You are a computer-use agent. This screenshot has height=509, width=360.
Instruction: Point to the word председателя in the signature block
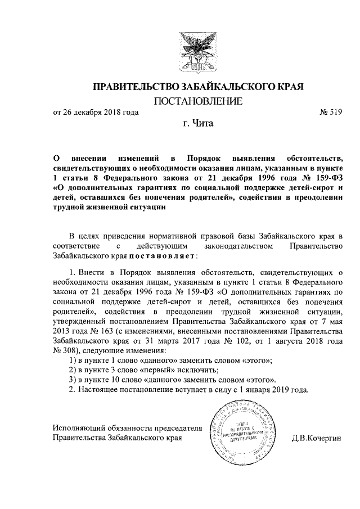161,427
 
